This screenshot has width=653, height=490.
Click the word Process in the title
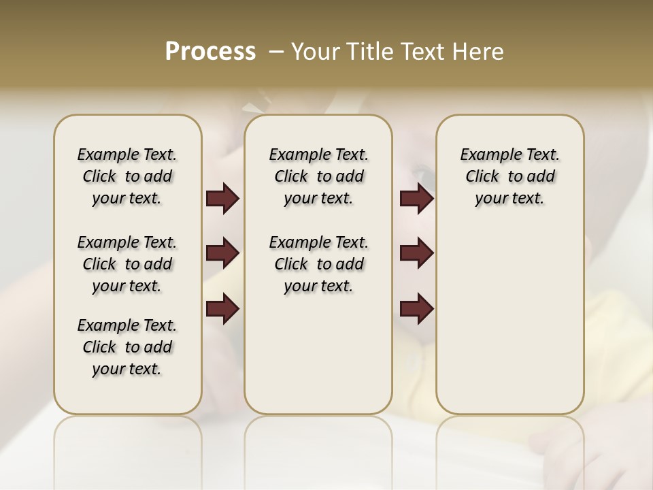pyautogui.click(x=210, y=51)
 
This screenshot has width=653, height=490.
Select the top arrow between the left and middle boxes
pyautogui.click(x=222, y=198)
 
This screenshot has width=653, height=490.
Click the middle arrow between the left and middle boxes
pyautogui.click(x=222, y=253)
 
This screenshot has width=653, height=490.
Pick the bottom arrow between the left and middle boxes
pyautogui.click(x=222, y=309)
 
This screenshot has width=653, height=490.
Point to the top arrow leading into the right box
pyautogui.click(x=416, y=198)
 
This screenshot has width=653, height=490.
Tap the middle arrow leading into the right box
pyautogui.click(x=416, y=253)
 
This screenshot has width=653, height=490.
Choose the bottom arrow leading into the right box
pyautogui.click(x=416, y=309)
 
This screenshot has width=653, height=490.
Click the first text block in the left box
pyautogui.click(x=127, y=176)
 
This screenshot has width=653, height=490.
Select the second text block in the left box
pyautogui.click(x=127, y=264)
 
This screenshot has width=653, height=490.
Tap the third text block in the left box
pyautogui.click(x=127, y=347)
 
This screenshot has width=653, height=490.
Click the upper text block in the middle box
pyautogui.click(x=318, y=176)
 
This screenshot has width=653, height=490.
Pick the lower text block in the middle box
pyautogui.click(x=318, y=264)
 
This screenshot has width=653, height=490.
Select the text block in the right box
pyautogui.click(x=509, y=176)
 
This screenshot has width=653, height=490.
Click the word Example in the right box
pyautogui.click(x=486, y=155)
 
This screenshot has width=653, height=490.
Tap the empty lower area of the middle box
pyautogui.click(x=318, y=354)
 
